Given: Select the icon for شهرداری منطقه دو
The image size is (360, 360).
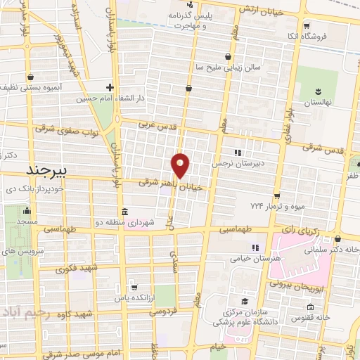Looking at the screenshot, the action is [125, 212].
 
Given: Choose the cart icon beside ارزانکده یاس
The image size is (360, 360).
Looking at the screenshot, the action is [134, 287].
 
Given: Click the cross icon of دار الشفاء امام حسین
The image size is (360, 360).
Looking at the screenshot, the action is [109, 88].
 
